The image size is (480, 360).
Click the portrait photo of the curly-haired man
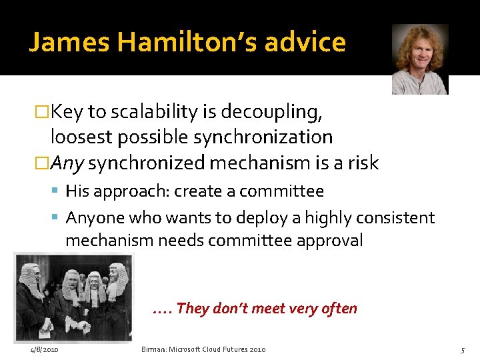(419, 59)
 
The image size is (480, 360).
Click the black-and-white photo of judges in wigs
(73, 297)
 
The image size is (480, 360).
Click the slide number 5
(462, 349)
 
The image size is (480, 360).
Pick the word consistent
(397, 218)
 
